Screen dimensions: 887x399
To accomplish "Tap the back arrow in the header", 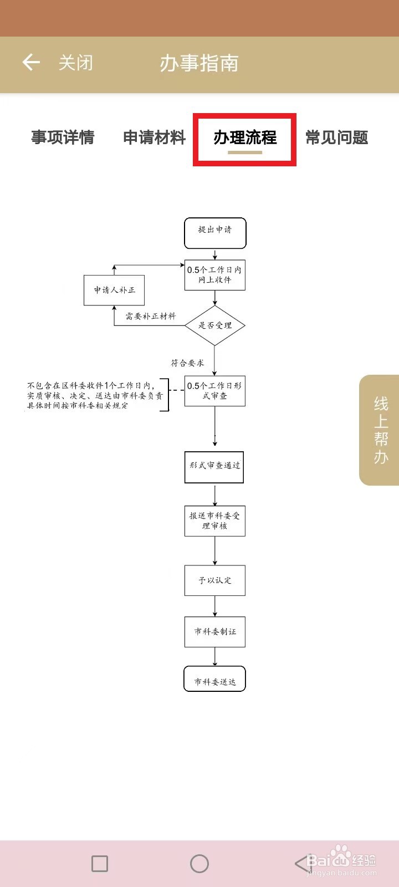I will point(31,63).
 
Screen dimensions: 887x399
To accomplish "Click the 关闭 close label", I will point(76,63).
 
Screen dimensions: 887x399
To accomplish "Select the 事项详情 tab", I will point(63,137).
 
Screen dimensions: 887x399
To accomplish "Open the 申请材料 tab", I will point(154,137).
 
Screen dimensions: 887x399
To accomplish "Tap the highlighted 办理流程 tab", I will point(245,138).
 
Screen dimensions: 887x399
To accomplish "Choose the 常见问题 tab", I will point(337,137).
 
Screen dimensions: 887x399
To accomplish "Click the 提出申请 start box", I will point(215,233).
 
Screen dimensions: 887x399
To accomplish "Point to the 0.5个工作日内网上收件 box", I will point(215,275).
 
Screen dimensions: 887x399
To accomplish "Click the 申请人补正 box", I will point(114,290).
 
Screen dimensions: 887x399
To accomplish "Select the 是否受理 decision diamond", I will point(215,325).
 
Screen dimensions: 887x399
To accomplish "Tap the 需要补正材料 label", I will point(150,317).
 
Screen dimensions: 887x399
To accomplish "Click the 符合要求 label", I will point(187,363).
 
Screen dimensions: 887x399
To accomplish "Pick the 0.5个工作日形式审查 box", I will point(215,391).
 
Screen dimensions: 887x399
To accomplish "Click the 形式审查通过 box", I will point(214,467).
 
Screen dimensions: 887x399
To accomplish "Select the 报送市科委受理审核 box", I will point(215,521).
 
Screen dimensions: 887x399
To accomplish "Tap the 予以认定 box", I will point(215,580).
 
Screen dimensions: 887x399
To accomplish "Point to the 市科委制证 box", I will point(215,631).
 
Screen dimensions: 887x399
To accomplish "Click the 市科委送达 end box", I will point(215,679).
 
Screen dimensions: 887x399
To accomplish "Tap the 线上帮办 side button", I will point(380,430).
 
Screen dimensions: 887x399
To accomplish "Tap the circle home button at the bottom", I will point(199,863).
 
